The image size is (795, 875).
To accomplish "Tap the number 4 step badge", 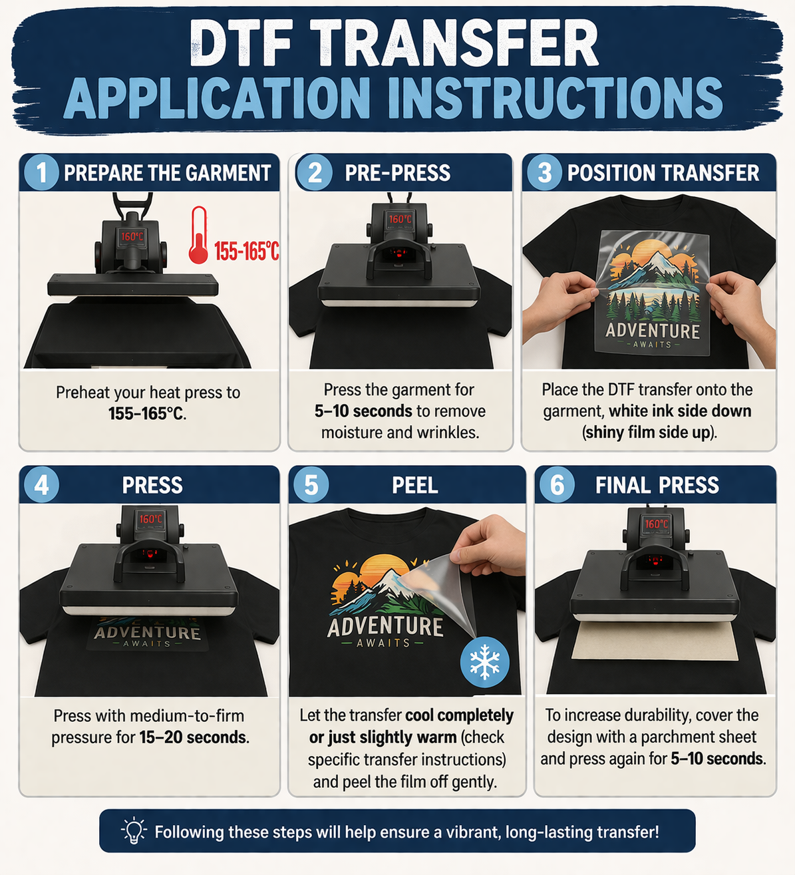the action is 41,484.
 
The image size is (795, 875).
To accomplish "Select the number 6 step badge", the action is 557,484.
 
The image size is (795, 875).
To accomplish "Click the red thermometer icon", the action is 199,235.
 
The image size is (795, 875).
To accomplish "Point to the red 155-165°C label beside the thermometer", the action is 246,252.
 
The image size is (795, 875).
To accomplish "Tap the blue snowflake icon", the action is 484,661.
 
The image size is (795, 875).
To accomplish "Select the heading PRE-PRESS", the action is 397,173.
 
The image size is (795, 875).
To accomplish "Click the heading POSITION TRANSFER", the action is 663,173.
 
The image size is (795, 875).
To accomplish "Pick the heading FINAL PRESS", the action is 657,485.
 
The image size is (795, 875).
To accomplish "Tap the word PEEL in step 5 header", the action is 414,485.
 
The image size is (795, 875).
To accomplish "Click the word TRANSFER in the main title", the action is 454,43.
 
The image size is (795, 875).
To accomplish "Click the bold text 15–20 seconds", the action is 194,737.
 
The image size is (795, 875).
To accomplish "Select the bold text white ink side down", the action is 680,411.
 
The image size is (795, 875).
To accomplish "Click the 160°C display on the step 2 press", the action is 400,219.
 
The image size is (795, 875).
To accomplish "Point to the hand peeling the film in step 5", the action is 488,546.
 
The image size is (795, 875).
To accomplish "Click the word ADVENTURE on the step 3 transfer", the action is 653,331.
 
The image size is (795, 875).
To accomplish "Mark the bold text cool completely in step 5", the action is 459,715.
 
